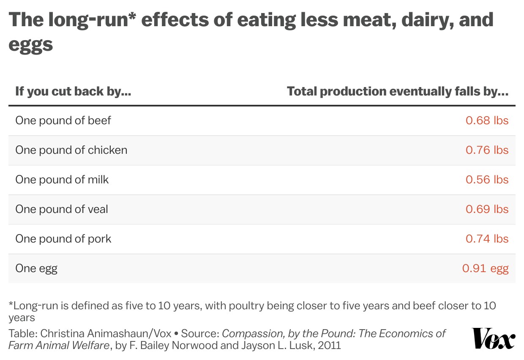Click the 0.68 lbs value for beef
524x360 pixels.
[x=487, y=120]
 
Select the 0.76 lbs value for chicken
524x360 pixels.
[x=487, y=150]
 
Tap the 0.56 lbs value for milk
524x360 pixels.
[x=487, y=180]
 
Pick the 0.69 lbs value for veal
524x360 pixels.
[x=487, y=209]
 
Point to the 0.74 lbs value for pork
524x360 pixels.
[x=487, y=239]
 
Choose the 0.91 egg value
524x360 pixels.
[x=485, y=268]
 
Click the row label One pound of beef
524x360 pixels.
[x=63, y=120]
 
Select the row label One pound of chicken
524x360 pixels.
[x=71, y=150]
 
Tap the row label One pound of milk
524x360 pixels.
[x=62, y=180]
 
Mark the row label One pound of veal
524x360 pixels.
[x=62, y=209]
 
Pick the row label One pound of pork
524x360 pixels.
[x=63, y=239]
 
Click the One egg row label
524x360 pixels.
[x=36, y=268]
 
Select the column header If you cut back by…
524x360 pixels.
[x=73, y=91]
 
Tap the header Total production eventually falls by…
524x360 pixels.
[x=397, y=91]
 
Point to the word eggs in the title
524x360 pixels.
[x=30, y=44]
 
